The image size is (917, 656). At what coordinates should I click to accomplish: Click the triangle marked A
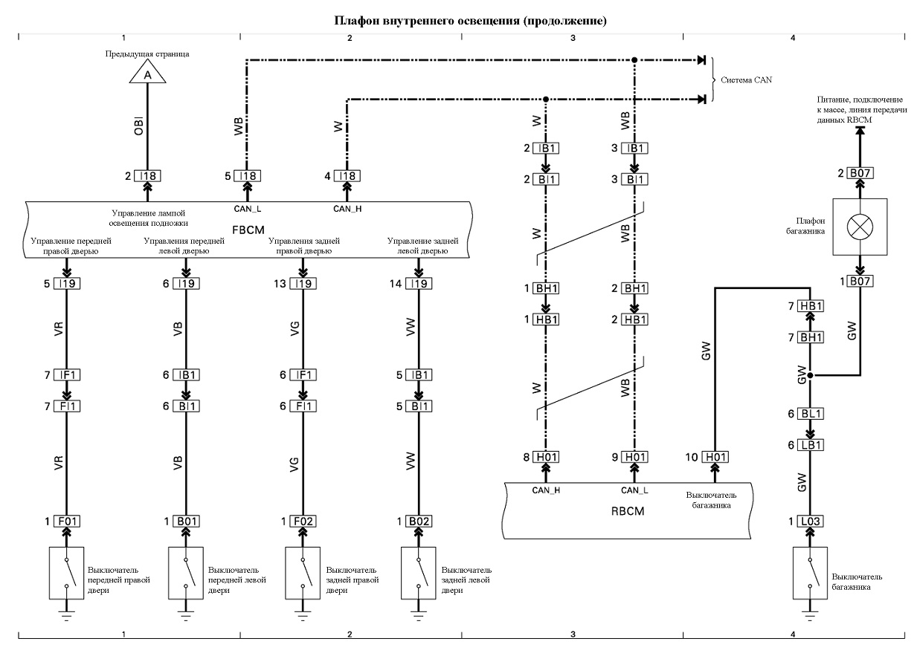[x=147, y=72]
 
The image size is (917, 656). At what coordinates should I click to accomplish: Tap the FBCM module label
[x=248, y=230]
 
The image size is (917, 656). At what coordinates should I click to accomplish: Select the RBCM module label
[x=628, y=511]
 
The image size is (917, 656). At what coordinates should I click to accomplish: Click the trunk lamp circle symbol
[x=860, y=227]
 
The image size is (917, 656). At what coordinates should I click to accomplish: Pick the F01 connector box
[x=67, y=522]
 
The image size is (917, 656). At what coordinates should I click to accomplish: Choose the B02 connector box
[x=419, y=522]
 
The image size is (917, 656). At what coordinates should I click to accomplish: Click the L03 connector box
[x=810, y=522]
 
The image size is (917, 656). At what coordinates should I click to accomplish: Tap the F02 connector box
[x=303, y=522]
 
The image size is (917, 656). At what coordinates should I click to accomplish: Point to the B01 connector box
[x=186, y=522]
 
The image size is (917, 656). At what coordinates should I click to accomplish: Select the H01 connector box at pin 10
[x=715, y=457]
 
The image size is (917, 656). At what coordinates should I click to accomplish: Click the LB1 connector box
[x=810, y=445]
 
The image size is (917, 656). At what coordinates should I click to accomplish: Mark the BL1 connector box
[x=810, y=414]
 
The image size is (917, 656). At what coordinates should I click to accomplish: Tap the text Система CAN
[x=746, y=80]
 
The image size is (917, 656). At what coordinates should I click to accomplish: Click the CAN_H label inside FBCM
[x=347, y=209]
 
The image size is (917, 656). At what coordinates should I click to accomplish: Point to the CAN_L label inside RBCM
[x=634, y=490]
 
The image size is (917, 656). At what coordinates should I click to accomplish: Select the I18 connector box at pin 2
[x=147, y=176]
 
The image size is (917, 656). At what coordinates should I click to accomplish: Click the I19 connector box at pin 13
[x=303, y=283]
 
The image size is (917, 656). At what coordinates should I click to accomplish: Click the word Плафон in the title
[x=357, y=21]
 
